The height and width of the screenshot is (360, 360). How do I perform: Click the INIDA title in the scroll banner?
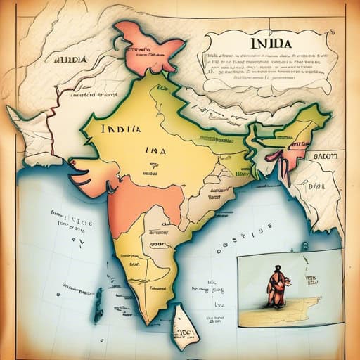click(x=271, y=43)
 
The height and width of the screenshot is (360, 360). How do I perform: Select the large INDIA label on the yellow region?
click(x=120, y=129)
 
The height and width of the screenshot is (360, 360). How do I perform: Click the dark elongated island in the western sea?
click(x=98, y=295)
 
